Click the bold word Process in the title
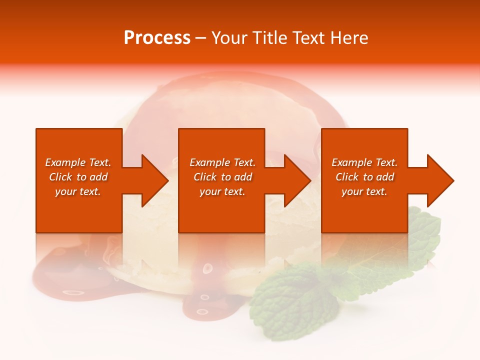(157, 38)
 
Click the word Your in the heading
(230, 38)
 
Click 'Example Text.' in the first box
(78, 162)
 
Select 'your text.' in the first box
(78, 191)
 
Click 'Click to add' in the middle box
(222, 177)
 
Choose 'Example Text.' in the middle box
(222, 162)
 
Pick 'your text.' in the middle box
(222, 191)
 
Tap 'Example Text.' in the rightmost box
(364, 162)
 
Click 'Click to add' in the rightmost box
(364, 177)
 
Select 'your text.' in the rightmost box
(364, 191)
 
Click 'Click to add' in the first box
(78, 177)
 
